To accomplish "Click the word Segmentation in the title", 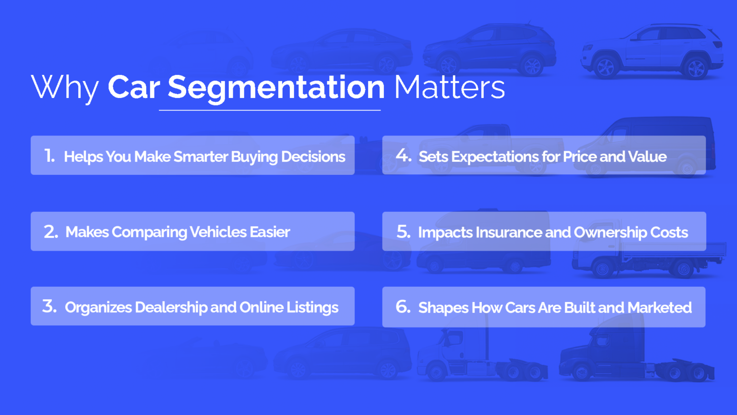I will pyautogui.click(x=276, y=88).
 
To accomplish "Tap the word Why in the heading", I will pyautogui.click(x=65, y=88).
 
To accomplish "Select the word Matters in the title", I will pyautogui.click(x=449, y=88).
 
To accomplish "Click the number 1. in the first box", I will pyautogui.click(x=49, y=156).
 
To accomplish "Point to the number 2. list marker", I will pyautogui.click(x=51, y=232).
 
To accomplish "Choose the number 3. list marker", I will pyautogui.click(x=49, y=306).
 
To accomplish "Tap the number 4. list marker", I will pyautogui.click(x=404, y=156).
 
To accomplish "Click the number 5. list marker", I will pyautogui.click(x=404, y=232).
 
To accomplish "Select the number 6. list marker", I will pyautogui.click(x=403, y=307).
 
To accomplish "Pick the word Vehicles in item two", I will pyautogui.click(x=218, y=232).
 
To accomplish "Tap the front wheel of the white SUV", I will pyautogui.click(x=605, y=68).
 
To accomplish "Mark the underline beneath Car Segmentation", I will pyautogui.click(x=270, y=110).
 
